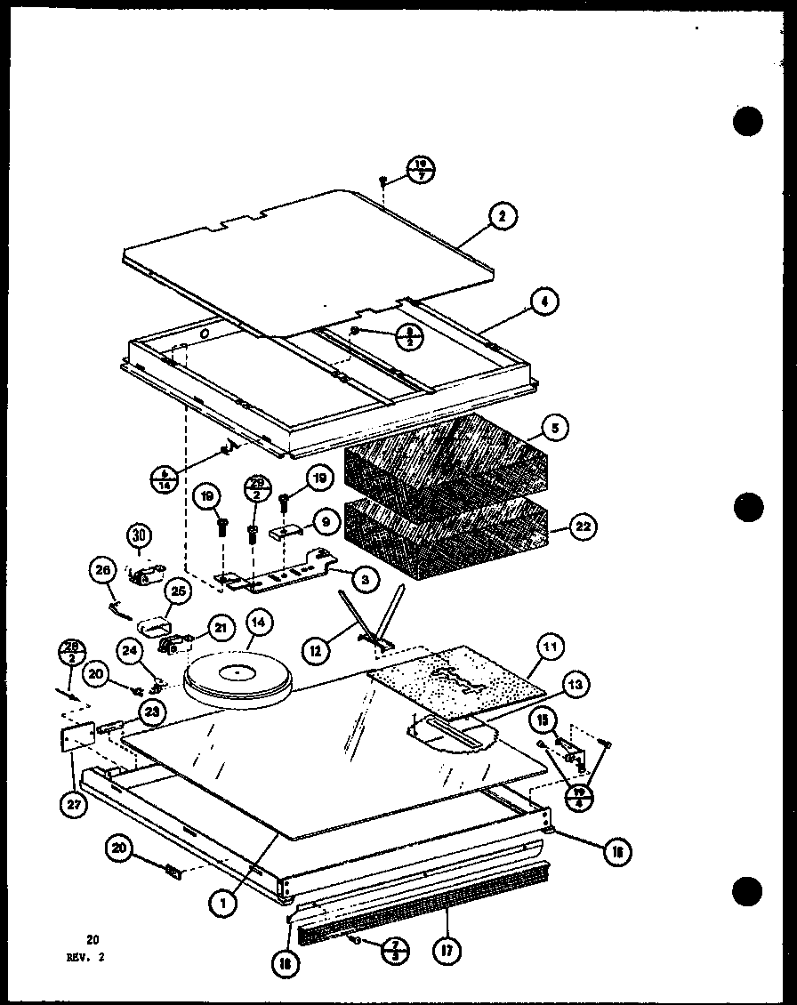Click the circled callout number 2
click(x=503, y=216)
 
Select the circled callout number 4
click(x=544, y=302)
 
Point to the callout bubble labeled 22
click(x=583, y=527)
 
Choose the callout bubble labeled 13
click(x=576, y=684)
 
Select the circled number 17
click(x=447, y=949)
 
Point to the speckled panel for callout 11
click(x=455, y=681)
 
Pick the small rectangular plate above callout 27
click(x=77, y=737)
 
